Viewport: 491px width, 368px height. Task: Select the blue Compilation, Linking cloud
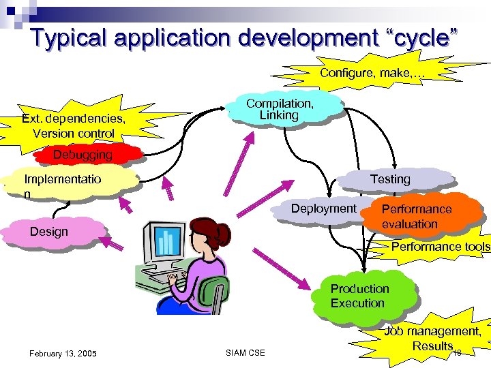280,110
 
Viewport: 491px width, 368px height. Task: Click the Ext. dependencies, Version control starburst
74,125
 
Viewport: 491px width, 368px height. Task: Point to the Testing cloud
390,179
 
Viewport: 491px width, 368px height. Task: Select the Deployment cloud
324,209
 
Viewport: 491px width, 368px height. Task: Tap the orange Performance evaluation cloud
417,217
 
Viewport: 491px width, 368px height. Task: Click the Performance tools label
441,247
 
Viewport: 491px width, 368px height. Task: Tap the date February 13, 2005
63,353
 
